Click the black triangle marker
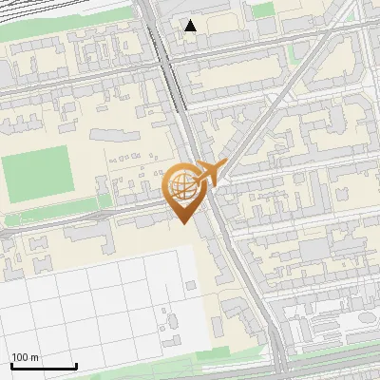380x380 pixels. (191, 26)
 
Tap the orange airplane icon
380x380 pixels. (210, 175)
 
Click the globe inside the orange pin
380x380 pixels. (183, 186)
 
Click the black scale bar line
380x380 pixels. (44, 366)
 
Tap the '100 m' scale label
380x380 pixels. (26, 356)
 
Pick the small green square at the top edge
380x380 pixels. (264, 9)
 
